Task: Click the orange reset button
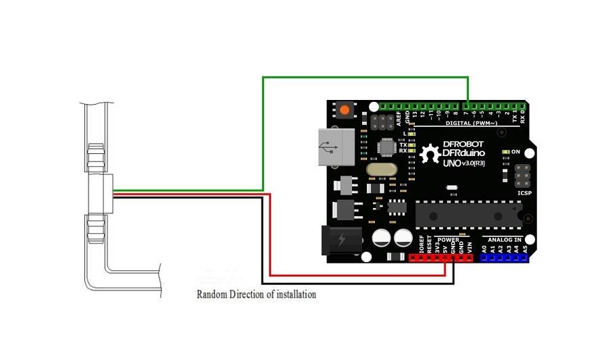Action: (x=346, y=110)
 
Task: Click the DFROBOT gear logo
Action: (x=430, y=155)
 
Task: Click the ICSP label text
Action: (x=524, y=193)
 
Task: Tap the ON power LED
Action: (x=505, y=153)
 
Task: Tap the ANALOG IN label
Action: (x=505, y=239)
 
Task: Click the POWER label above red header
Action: (x=448, y=239)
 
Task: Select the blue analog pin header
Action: (x=504, y=257)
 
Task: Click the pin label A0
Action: (x=484, y=249)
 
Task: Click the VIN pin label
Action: (x=470, y=248)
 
